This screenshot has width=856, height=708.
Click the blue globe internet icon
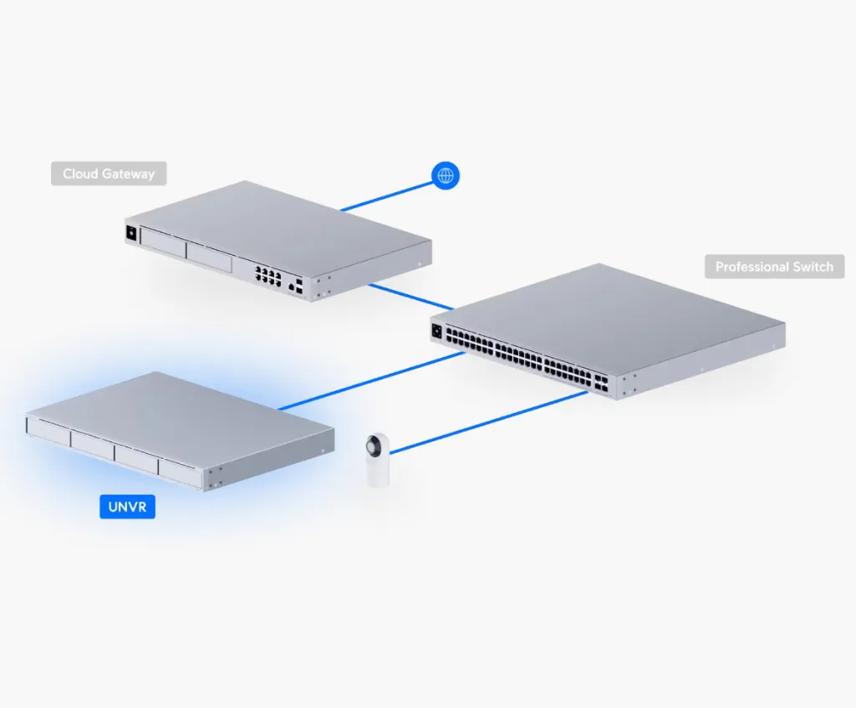(x=446, y=175)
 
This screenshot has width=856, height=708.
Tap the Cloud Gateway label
(x=109, y=174)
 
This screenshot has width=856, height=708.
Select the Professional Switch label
(x=774, y=267)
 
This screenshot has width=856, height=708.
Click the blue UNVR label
(x=127, y=507)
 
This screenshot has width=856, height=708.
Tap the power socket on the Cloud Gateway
(x=130, y=234)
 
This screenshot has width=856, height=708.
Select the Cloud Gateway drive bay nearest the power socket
(x=162, y=242)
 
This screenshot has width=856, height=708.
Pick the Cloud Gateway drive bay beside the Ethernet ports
(x=208, y=257)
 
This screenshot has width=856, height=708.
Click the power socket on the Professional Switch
(x=436, y=330)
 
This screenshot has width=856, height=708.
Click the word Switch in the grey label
(x=813, y=267)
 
